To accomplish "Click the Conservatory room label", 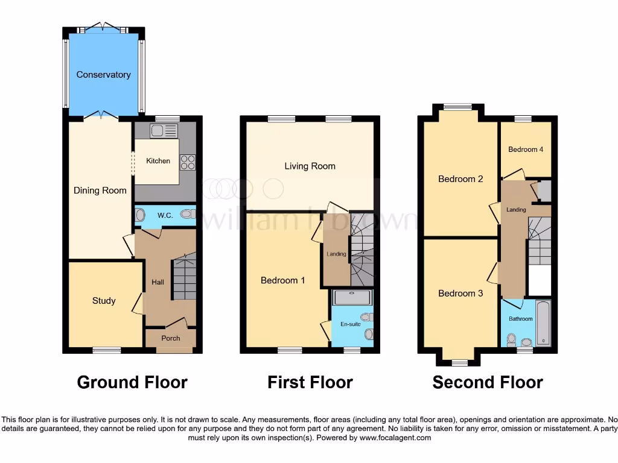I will (x=103, y=75).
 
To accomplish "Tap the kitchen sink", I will (x=164, y=131).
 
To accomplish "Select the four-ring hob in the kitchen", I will (x=188, y=162).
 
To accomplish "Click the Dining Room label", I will (x=100, y=191).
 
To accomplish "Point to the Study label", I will (x=104, y=301).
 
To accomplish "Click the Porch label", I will (x=171, y=338).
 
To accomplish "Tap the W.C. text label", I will (x=165, y=215).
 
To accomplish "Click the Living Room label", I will (x=310, y=166).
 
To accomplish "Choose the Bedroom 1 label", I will (x=283, y=280).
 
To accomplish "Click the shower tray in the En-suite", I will (x=352, y=297).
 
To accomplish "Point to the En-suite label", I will (x=351, y=324).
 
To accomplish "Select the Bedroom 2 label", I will (x=460, y=179).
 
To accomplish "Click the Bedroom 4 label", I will (x=526, y=150).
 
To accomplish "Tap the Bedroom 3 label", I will (x=460, y=294).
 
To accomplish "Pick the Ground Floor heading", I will (x=132, y=382).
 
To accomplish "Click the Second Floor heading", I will (x=488, y=382).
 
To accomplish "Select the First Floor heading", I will (x=310, y=382).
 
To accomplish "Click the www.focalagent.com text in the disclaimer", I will (x=395, y=438).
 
